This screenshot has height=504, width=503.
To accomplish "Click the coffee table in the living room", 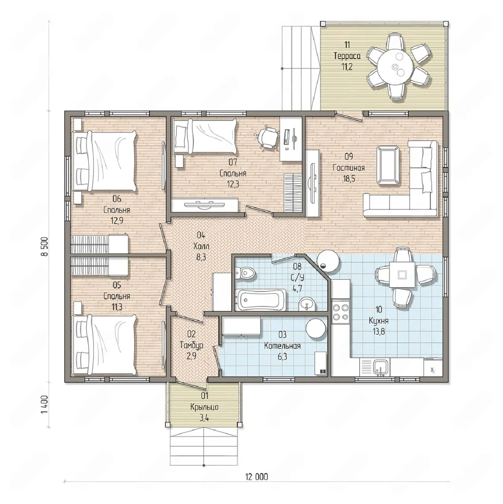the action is pyautogui.click(x=388, y=165).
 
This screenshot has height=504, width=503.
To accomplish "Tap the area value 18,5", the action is pyautogui.click(x=349, y=179).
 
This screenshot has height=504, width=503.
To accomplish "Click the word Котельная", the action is pyautogui.click(x=282, y=346).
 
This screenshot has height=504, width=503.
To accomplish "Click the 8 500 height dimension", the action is pyautogui.click(x=45, y=246).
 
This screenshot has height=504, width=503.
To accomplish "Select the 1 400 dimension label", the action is pyautogui.click(x=45, y=404).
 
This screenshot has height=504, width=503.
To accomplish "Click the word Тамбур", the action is pyautogui.click(x=191, y=346).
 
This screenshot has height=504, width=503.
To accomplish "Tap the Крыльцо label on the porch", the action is pyautogui.click(x=204, y=407).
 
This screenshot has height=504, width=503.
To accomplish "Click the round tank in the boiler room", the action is pyautogui.click(x=316, y=328).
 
